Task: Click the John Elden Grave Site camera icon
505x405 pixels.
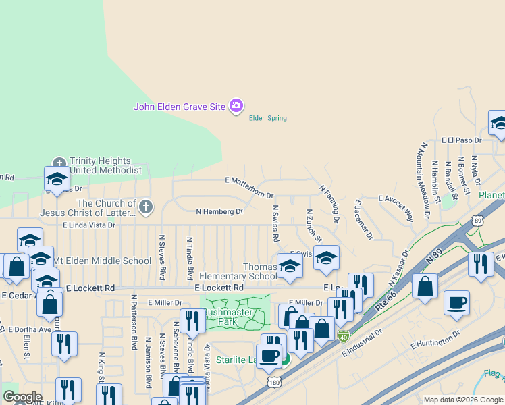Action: click(236, 106)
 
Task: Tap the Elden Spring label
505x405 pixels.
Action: click(268, 118)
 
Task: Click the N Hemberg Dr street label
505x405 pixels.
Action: click(219, 211)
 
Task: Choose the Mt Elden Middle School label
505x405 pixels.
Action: click(103, 261)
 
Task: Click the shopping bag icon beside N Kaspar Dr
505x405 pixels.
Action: click(425, 286)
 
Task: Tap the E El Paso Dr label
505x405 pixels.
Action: click(461, 140)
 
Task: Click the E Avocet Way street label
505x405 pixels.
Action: click(396, 199)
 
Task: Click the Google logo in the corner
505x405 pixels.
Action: click(22, 396)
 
